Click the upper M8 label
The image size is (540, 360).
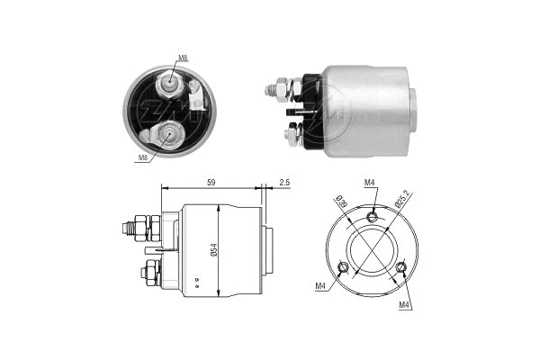[x=183, y=58]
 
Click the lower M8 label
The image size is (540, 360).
[x=142, y=158]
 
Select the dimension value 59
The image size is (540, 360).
[x=210, y=183]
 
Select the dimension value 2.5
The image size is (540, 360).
[x=284, y=183]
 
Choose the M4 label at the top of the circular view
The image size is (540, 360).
[x=370, y=184]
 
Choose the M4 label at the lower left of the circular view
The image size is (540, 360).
[x=321, y=287]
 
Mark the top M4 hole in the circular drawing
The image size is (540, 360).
[x=372, y=217]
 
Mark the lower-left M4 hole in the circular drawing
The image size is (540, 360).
[x=341, y=266]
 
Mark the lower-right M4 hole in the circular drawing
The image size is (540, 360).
[x=401, y=266]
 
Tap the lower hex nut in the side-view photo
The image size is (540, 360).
[x=292, y=134]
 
